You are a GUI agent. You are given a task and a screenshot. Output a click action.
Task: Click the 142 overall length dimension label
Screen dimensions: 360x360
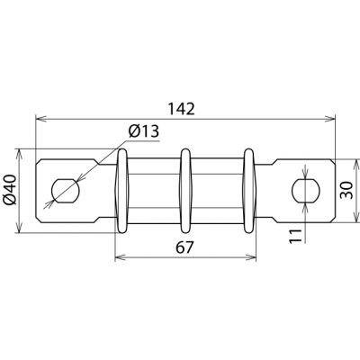[x=181, y=109]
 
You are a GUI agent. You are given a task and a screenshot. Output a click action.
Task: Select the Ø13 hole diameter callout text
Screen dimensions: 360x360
[x=143, y=131]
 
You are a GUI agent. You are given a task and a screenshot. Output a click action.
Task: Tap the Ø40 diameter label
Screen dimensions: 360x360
[x=10, y=190]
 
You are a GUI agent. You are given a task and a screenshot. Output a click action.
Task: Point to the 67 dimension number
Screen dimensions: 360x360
[x=184, y=247]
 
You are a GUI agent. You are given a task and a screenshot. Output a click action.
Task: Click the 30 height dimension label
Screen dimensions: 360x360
[x=347, y=190]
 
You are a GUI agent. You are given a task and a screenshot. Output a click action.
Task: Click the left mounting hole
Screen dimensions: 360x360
[x=66, y=191]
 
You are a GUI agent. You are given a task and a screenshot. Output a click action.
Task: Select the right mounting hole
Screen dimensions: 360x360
[x=306, y=190]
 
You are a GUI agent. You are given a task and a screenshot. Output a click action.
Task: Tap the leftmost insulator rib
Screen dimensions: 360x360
[x=122, y=191]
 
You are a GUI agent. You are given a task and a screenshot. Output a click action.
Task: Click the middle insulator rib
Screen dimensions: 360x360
[x=185, y=191]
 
